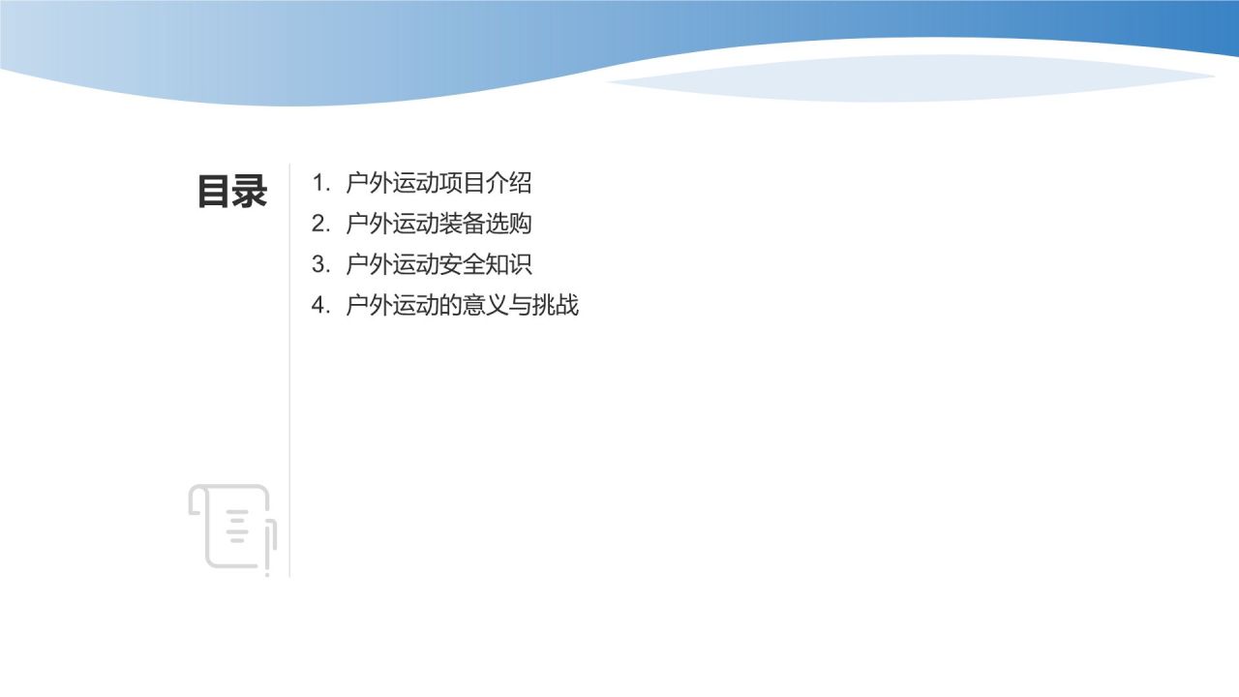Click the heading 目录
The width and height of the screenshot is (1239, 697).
coord(232,192)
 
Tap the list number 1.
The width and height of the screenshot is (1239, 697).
coord(319,183)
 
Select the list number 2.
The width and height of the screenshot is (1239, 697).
coord(319,224)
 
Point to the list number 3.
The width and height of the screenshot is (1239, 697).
coord(319,264)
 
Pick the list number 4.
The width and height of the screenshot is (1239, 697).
coord(319,306)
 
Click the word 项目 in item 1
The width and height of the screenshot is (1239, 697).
coord(462,183)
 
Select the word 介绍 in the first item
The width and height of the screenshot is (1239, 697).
coord(509,183)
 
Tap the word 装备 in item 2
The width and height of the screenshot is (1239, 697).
coord(462,224)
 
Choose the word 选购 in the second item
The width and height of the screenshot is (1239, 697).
coord(509,224)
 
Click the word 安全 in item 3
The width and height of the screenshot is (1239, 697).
coord(462,264)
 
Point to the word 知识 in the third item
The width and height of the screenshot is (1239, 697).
coord(509,264)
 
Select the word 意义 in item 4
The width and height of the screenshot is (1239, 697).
coord(485,306)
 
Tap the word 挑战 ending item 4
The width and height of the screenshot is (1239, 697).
coord(556,306)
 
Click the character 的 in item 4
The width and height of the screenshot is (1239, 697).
coord(450,306)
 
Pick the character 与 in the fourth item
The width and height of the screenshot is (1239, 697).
coord(521,306)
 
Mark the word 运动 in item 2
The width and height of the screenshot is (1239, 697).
coord(415,224)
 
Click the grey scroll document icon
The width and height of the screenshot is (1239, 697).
coord(232,528)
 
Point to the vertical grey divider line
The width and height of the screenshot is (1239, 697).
coord(289,387)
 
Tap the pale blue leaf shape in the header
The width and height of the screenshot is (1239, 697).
coord(910,79)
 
